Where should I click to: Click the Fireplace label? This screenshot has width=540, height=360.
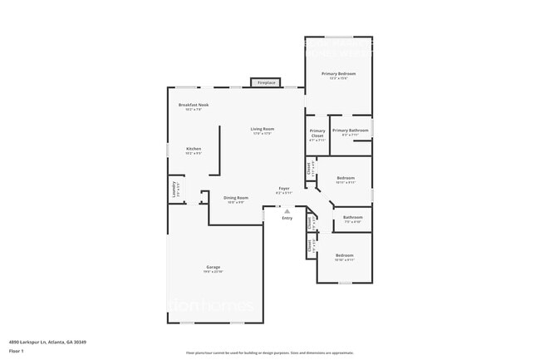(x=266, y=83)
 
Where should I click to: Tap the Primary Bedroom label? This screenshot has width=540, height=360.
(x=338, y=74)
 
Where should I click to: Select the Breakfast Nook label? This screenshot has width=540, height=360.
(x=194, y=105)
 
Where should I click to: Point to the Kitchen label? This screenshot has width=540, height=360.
(x=193, y=149)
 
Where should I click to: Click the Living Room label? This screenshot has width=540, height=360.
(x=263, y=129)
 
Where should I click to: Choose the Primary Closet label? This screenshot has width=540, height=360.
(x=317, y=133)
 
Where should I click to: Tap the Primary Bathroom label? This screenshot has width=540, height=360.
(x=350, y=131)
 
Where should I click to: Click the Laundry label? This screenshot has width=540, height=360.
(x=174, y=189)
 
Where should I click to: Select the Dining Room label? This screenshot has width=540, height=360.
(x=236, y=198)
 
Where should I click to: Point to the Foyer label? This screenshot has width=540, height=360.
(x=283, y=189)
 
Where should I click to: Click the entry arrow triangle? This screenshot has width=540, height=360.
(x=287, y=211)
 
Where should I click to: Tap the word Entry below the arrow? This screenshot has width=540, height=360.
(x=287, y=218)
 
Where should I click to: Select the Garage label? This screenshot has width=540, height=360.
(x=214, y=267)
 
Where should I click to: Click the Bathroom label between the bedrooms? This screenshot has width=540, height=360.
(x=352, y=218)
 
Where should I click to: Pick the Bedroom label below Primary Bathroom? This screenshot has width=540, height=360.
(x=346, y=178)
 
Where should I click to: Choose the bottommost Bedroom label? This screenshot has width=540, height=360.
(x=344, y=255)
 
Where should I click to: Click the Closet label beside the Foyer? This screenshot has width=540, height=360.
(x=309, y=167)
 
